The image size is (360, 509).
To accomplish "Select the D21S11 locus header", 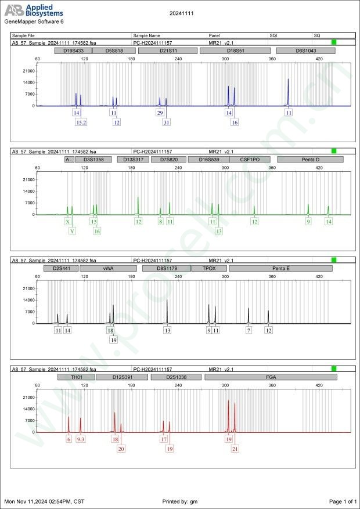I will point(168,51).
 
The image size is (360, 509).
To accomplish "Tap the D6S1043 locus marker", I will point(306,51).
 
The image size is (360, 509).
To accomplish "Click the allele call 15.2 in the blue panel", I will point(81,122).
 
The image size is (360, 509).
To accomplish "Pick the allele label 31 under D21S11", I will point(167,122).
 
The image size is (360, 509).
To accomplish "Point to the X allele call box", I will point(68,222).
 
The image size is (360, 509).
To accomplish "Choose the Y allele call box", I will point(72,231).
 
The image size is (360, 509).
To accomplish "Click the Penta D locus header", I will point(310,159).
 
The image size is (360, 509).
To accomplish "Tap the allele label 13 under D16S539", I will point(218,231).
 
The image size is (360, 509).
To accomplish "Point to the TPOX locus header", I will point(210,268).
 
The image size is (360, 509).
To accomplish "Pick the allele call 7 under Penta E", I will point(249,330).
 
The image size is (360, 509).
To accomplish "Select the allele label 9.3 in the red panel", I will point(81,439).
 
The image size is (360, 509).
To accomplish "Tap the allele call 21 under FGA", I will point(235,449).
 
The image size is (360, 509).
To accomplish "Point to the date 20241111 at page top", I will point(180,12).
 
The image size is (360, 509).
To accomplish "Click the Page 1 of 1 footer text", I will point(343,501).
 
